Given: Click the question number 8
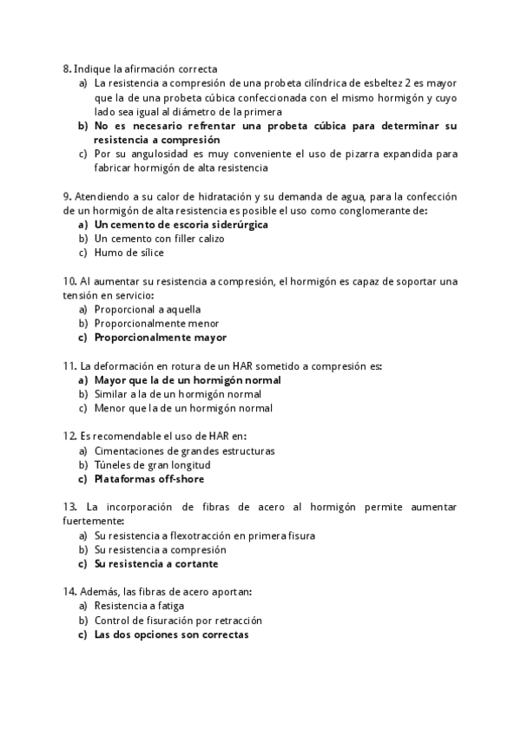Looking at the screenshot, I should tap(67, 68).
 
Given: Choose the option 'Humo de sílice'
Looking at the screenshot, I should tap(129, 253).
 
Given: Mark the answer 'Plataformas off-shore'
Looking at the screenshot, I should tap(149, 478).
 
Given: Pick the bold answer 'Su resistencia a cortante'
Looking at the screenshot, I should tap(156, 563).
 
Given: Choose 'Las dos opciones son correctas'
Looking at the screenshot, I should tap(171, 634).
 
